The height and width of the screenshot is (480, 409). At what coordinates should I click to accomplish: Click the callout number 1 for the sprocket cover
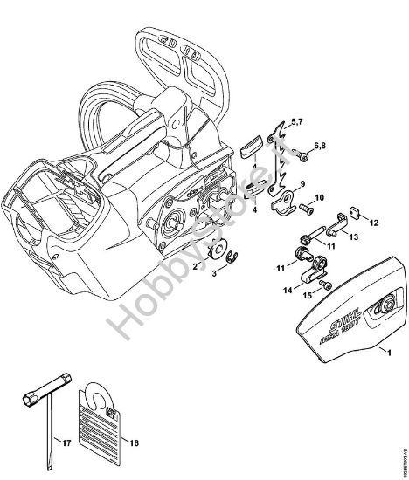[383, 376]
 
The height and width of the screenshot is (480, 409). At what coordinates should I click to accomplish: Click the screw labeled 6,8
[301, 157]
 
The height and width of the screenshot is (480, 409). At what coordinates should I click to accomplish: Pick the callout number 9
[301, 184]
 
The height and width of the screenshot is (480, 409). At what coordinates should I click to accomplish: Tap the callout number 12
[374, 224]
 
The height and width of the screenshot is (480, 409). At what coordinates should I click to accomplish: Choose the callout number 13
[355, 236]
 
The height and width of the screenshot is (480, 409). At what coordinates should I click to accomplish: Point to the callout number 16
[134, 443]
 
